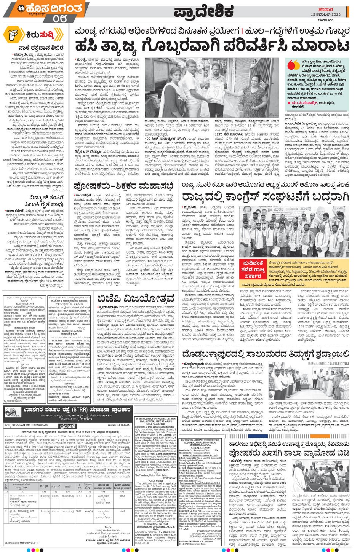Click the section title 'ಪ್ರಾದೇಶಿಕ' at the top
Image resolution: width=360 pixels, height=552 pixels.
pos(203,12)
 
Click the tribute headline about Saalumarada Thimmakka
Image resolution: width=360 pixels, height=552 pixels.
pos(265,354)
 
